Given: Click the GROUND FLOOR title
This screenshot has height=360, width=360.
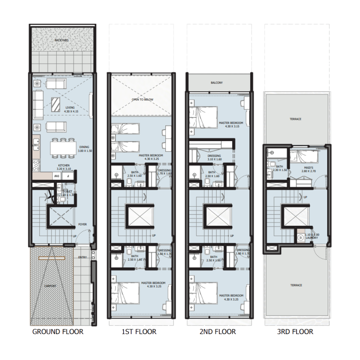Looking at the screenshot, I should [x=58, y=332].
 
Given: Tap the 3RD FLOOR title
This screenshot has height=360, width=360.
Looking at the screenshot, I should [x=295, y=332].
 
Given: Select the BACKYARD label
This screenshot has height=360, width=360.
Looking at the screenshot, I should [x=62, y=40].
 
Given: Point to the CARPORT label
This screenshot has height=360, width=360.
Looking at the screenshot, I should [x=50, y=286].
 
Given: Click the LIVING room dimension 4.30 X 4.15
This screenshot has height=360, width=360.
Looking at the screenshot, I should [x=70, y=112].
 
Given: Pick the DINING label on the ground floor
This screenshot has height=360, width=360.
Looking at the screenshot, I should [x=85, y=147].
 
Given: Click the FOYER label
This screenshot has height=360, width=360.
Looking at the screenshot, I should [x=83, y=224].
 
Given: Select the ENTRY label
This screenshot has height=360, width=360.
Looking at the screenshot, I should [x=82, y=257].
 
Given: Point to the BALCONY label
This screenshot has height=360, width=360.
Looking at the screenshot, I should [x=217, y=83].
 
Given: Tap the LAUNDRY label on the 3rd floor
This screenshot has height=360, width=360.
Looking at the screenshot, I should [x=310, y=238].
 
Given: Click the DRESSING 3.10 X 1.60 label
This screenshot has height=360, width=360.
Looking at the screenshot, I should [x=215, y=157].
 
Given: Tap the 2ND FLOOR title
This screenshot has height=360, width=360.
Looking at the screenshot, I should [x=217, y=332].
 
